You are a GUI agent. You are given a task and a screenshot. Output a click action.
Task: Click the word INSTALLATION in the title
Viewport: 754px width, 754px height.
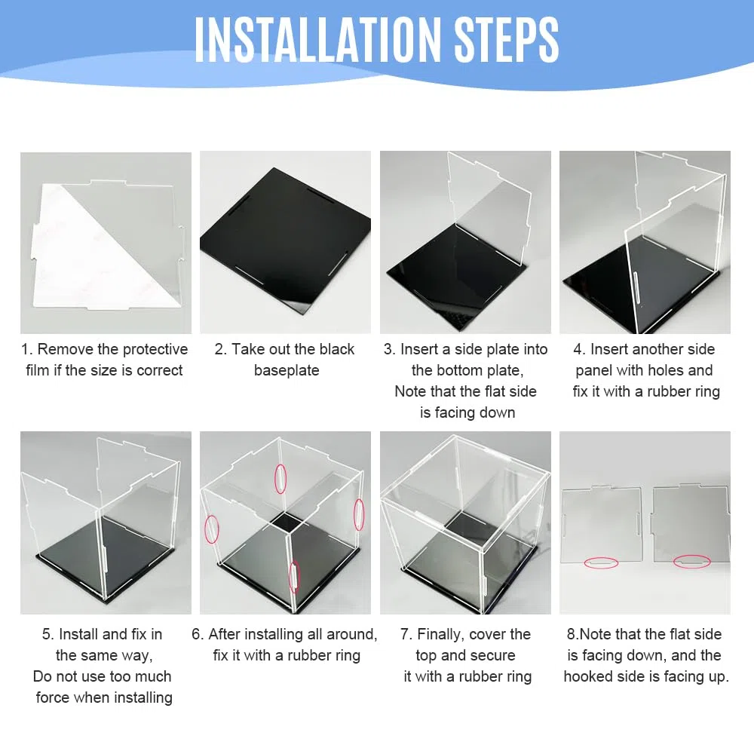coord(317,39)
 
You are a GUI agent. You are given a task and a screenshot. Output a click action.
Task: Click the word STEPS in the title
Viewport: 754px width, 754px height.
coord(507,39)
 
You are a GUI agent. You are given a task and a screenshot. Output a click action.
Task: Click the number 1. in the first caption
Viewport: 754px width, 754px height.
coord(27,349)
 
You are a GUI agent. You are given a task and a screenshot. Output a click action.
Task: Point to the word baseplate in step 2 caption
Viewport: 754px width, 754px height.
coord(287,370)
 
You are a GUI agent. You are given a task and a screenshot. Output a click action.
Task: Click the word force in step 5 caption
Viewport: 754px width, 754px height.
coord(52,697)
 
